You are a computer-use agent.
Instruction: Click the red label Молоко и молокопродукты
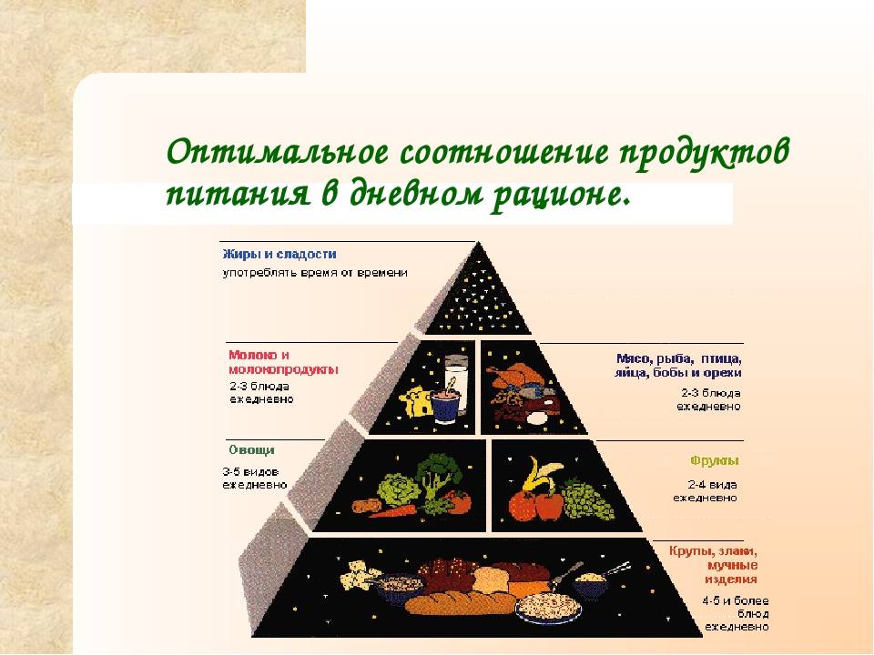(282, 362)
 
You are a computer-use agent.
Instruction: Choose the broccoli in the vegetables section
(438, 473)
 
